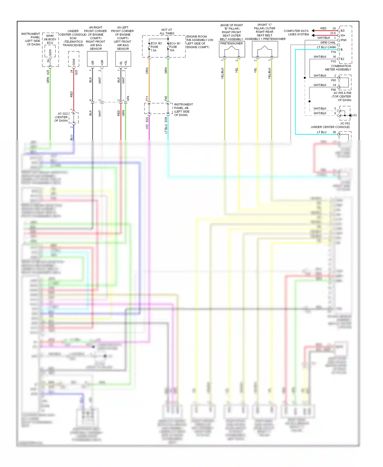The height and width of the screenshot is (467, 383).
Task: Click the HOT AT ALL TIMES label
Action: [x=167, y=31]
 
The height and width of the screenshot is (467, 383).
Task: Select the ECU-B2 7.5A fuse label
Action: [x=155, y=47]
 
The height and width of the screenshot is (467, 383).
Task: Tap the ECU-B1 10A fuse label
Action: [x=174, y=47]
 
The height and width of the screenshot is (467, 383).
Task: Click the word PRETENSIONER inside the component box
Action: [x=232, y=43]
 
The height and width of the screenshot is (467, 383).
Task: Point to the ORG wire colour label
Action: [x=147, y=71]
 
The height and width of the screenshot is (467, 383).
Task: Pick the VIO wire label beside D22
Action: [x=147, y=126]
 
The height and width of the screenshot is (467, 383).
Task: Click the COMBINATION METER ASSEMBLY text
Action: [x=338, y=68]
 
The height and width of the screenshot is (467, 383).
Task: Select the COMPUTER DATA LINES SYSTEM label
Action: [x=296, y=32]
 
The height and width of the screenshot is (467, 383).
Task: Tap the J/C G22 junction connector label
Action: [x=61, y=117]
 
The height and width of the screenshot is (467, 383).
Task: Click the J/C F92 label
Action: [x=345, y=123]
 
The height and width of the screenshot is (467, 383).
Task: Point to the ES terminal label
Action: [x=342, y=31]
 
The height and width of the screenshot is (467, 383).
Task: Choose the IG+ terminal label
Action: [x=343, y=35]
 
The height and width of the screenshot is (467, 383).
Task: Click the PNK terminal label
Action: [x=343, y=40]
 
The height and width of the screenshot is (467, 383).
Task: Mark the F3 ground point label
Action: [x=355, y=115]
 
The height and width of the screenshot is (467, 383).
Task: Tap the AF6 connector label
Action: [x=128, y=98]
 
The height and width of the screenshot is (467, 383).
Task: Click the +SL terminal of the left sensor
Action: [x=126, y=63]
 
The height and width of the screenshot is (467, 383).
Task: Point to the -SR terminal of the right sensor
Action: [x=93, y=63]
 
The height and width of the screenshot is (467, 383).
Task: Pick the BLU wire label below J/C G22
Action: [x=71, y=137]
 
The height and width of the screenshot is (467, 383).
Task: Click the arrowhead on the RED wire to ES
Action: [x=313, y=31]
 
